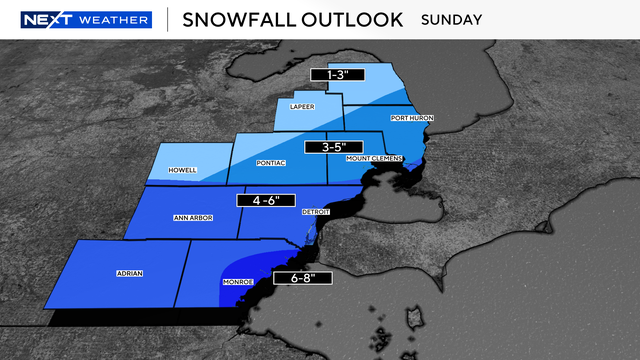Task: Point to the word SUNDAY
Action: (452, 20)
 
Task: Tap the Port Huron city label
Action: (412, 118)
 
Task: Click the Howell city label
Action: (182, 171)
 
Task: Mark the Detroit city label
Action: (315, 213)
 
